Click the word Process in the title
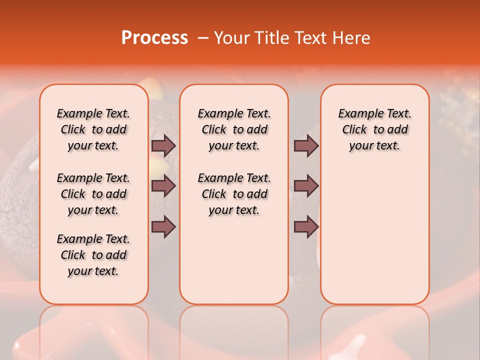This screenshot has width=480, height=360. (154, 38)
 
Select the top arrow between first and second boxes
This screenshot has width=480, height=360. (163, 145)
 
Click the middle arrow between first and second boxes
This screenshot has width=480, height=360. (163, 186)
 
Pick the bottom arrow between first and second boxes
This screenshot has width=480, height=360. (163, 227)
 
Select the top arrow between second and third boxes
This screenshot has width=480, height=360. (306, 145)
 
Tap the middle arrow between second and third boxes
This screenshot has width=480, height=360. (306, 186)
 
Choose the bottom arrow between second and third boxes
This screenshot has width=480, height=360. (306, 227)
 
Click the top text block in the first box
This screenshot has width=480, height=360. (93, 129)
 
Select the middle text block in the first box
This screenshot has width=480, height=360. (93, 194)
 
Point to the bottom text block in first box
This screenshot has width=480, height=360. (93, 255)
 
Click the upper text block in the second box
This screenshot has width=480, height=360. (234, 129)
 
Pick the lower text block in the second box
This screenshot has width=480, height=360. (234, 194)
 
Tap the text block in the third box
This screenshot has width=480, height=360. (374, 129)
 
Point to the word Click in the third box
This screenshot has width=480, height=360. (354, 129)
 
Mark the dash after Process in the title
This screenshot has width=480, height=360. (202, 38)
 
